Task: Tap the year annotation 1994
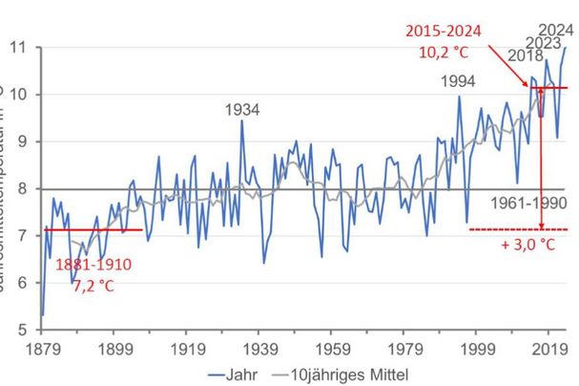pyautogui.click(x=459, y=80)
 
